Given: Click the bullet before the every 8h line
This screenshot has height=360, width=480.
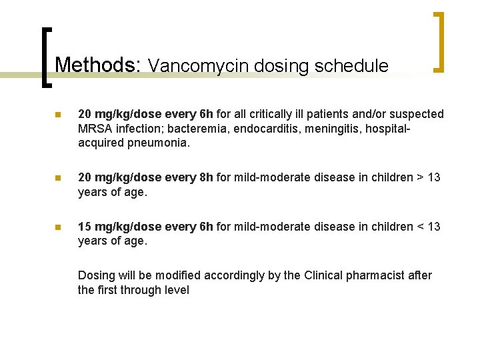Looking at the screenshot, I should click(x=57, y=178).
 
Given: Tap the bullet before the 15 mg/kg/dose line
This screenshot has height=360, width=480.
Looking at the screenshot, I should click(x=57, y=227).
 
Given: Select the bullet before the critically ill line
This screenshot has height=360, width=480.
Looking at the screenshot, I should click(x=57, y=115).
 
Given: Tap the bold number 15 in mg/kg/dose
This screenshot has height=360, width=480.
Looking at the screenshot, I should click(x=85, y=227).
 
